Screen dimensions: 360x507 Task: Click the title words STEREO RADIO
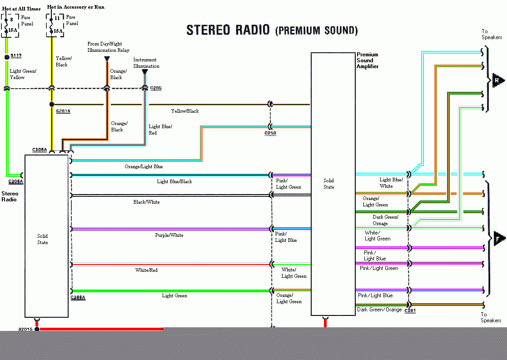(x=229, y=30)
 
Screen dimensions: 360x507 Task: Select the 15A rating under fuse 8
(x=12, y=31)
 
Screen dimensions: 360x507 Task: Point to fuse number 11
(x=57, y=19)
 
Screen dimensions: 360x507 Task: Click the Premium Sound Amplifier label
(x=367, y=60)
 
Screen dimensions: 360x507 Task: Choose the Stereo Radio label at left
(x=10, y=196)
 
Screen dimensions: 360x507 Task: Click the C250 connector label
(x=270, y=133)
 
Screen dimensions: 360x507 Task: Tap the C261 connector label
(x=410, y=311)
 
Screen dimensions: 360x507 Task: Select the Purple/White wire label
(x=169, y=235)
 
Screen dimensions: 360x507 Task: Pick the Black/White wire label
(x=146, y=202)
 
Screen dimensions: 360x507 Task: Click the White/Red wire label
(x=146, y=270)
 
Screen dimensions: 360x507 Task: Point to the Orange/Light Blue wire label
(x=144, y=167)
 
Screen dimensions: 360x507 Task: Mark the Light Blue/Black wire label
(x=174, y=182)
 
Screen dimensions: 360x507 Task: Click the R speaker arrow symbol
(x=498, y=81)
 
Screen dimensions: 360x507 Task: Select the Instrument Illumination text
(x=146, y=63)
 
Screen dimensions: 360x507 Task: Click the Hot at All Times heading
(x=21, y=8)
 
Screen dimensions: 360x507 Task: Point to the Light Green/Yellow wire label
(x=23, y=74)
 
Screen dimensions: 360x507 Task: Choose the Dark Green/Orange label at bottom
(x=379, y=310)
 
